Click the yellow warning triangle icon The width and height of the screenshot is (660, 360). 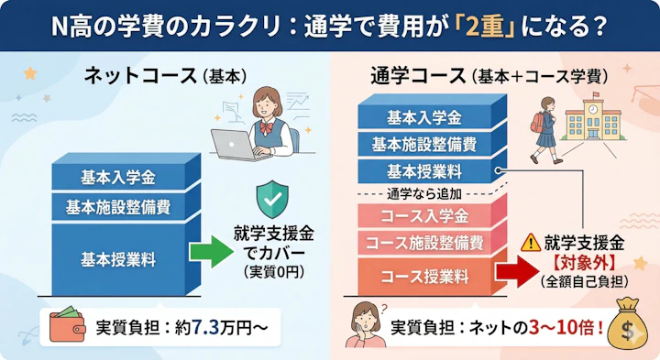click(529, 244)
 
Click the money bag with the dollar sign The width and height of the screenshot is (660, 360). click(632, 326)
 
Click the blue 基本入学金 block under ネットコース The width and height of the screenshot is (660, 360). click(117, 176)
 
